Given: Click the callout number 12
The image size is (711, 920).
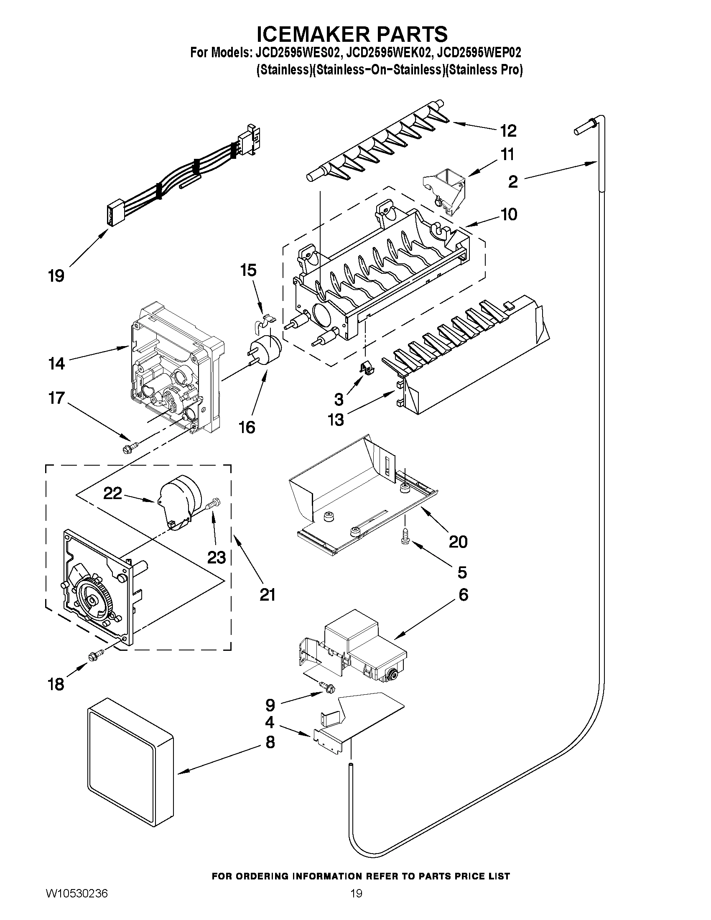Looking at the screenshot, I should pos(508,131).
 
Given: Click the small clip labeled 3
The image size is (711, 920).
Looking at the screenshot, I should pos(366,368).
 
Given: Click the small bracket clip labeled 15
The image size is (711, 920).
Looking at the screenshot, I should pos(263,318).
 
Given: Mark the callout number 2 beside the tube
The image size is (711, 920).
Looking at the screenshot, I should pos(512,182).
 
